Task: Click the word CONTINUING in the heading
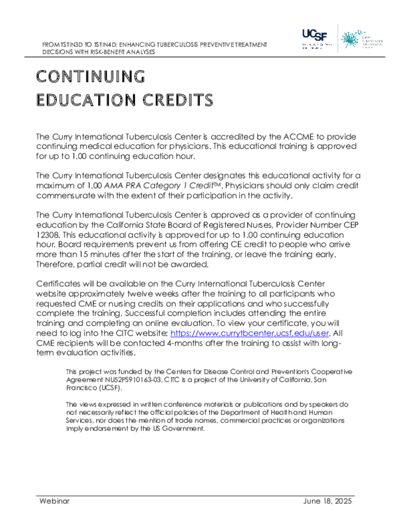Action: tap(90, 76)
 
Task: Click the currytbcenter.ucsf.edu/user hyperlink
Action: tap(250, 333)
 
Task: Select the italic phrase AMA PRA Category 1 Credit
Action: tap(149, 185)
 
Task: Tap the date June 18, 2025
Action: tap(326, 501)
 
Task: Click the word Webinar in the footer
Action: tap(54, 501)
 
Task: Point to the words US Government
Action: tap(175, 428)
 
